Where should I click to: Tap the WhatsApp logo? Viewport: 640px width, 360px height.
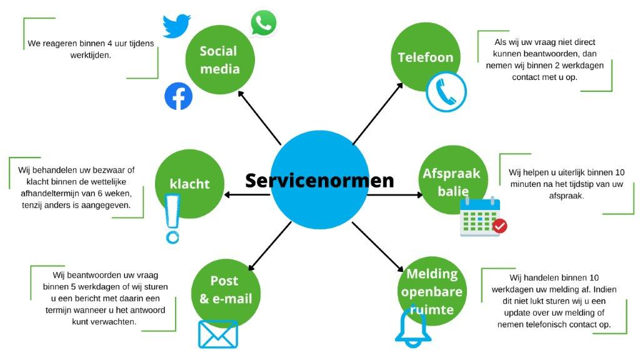coord(263,23)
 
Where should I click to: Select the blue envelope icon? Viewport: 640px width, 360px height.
coord(217,334)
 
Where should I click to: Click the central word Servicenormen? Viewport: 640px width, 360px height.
coord(319,181)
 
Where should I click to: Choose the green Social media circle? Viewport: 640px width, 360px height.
coord(220,59)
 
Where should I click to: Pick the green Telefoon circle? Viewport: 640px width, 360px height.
coord(425,57)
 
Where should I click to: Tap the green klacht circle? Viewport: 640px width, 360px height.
coord(189,184)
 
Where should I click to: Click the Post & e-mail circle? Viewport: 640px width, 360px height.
coord(226,291)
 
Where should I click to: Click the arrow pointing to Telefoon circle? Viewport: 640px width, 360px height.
coord(379,115)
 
